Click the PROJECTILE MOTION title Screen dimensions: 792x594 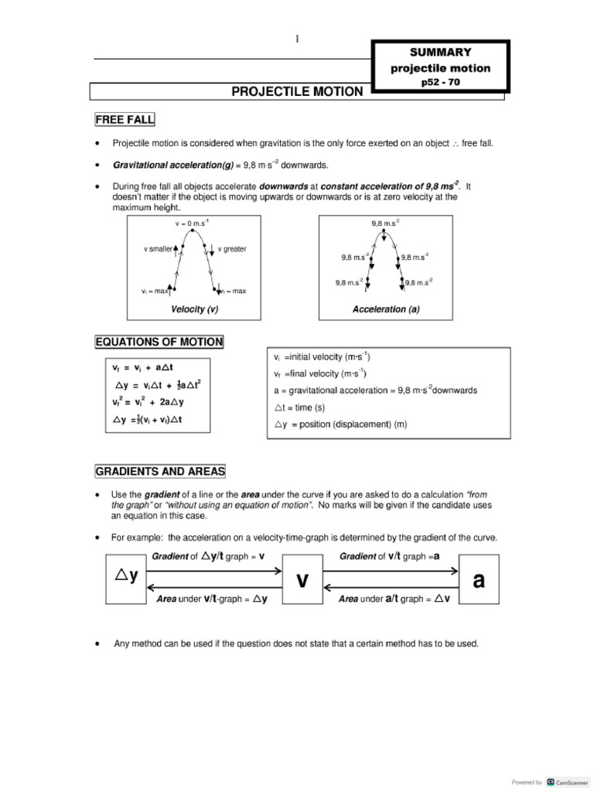[x=297, y=92]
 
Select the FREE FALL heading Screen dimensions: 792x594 [x=125, y=119]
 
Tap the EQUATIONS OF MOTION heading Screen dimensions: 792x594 [x=159, y=342]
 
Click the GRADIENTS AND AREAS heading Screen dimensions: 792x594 [x=160, y=472]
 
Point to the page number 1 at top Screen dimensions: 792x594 [x=297, y=40]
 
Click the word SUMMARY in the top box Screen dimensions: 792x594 [x=440, y=52]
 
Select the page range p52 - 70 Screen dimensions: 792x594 [x=440, y=82]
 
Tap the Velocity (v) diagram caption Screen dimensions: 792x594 [x=194, y=309]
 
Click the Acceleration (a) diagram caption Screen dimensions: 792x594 [x=386, y=309]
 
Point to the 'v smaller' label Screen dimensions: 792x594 [x=159, y=249]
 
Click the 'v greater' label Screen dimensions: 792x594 [x=232, y=249]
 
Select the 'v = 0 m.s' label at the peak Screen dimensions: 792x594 [x=192, y=224]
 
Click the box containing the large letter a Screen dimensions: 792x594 [x=479, y=581]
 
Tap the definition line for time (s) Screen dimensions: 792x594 [x=301, y=408]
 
